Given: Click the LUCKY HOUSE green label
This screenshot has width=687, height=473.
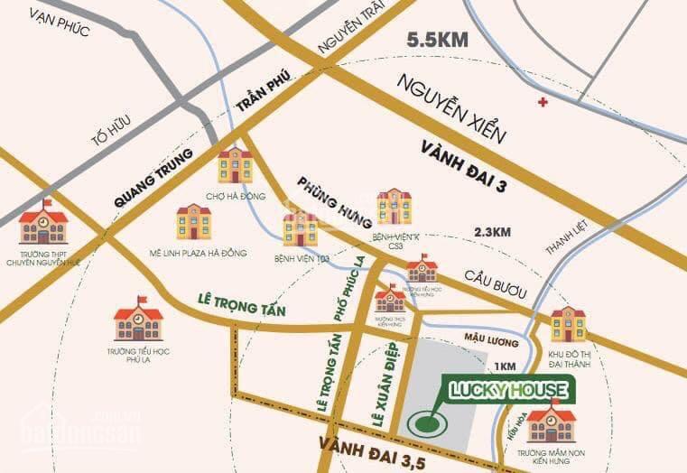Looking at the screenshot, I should (x=510, y=390).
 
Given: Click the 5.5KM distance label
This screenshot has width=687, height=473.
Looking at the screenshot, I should (x=438, y=40).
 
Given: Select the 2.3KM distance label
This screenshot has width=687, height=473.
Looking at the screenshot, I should (x=494, y=233).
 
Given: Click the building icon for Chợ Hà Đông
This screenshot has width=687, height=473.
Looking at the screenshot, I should (x=236, y=164).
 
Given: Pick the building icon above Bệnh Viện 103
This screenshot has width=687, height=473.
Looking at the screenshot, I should (x=300, y=230).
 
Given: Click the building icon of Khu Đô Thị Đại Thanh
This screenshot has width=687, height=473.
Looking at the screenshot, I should (x=568, y=323).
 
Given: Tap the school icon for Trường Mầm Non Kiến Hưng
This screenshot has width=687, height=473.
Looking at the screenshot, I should (x=552, y=422).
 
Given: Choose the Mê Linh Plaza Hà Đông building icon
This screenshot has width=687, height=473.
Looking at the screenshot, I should (x=193, y=221).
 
